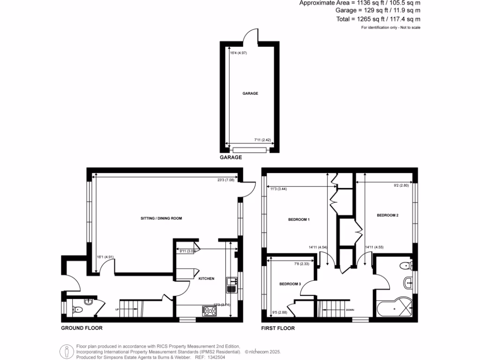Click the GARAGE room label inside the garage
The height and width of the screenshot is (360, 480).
pyautogui.click(x=250, y=93)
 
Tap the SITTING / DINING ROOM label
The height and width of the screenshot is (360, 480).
pyautogui.click(x=161, y=218)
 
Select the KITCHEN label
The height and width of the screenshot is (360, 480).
pyautogui.click(x=206, y=278)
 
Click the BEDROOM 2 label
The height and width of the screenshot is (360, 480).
pyautogui.click(x=388, y=215)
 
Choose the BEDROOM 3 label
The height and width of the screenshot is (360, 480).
pyautogui.click(x=290, y=284)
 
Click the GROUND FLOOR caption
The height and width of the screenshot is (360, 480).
pyautogui.click(x=82, y=328)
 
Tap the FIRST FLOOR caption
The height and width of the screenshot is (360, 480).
pyautogui.click(x=278, y=328)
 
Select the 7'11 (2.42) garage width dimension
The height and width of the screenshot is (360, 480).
pyautogui.click(x=263, y=140)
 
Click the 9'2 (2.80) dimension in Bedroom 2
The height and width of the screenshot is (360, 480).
pyautogui.click(x=402, y=185)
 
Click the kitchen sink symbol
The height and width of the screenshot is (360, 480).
pyautogui.click(x=231, y=285)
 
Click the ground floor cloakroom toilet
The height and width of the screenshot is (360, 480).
pyautogui.click(x=77, y=309)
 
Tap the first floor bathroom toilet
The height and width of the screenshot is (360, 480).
pyautogui.click(x=405, y=266)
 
